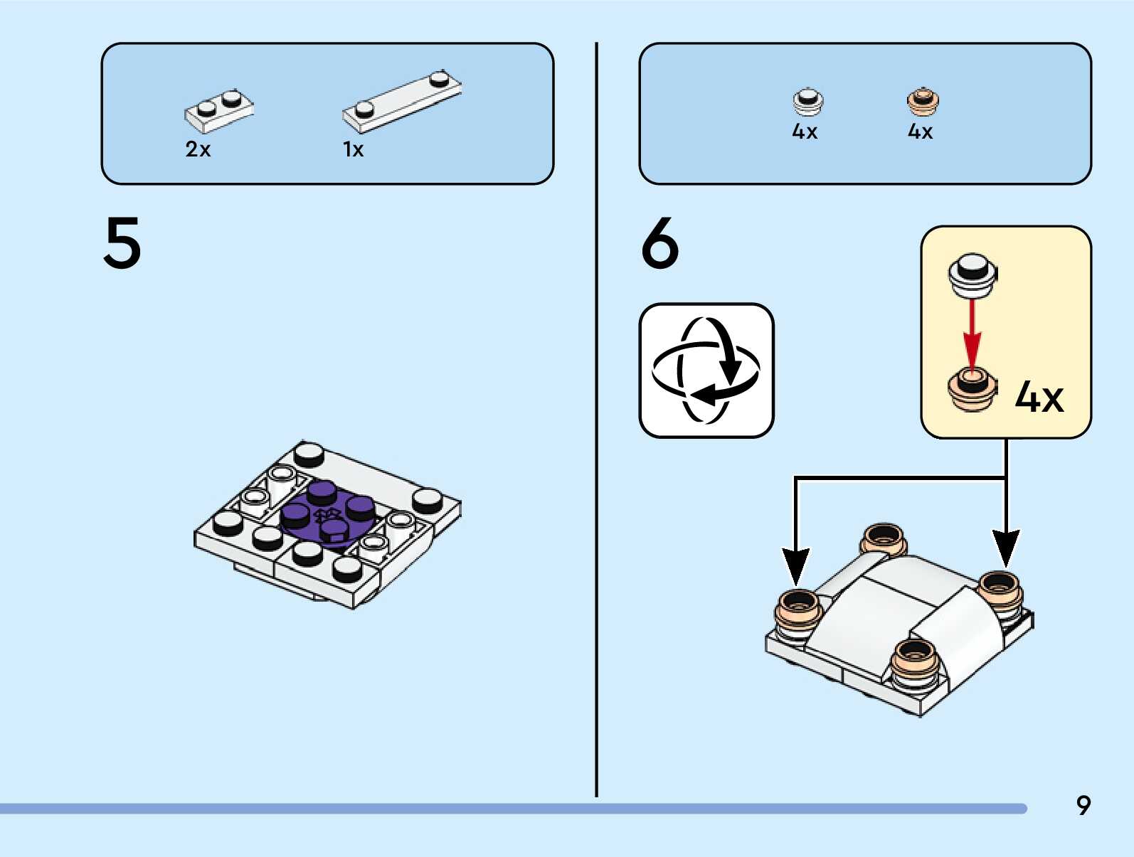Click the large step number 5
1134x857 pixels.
[122, 243]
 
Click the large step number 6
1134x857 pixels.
[659, 243]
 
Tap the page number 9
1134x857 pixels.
[1083, 805]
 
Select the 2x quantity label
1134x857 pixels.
[198, 149]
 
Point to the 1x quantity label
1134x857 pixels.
[353, 149]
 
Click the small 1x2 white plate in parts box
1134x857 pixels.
[219, 112]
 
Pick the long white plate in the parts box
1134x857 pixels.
[402, 102]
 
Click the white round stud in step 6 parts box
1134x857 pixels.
[808, 102]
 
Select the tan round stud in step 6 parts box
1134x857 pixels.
[923, 102]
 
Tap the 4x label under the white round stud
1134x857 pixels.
[805, 132]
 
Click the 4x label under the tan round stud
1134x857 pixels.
[920, 132]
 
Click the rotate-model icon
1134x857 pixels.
[706, 371]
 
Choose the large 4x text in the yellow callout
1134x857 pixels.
[1039, 397]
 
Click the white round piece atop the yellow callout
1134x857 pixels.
[973, 275]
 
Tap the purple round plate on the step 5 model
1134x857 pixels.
[327, 512]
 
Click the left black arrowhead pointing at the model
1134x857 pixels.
[795, 565]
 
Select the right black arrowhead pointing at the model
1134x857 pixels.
[1006, 548]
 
